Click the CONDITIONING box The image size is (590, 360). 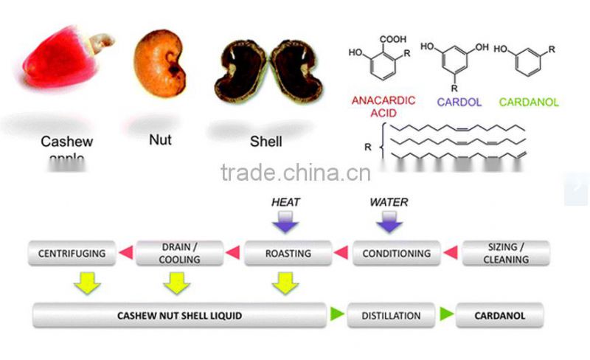(x=397, y=253)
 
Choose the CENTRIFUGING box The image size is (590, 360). (x=72, y=253)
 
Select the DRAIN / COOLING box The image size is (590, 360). (x=179, y=253)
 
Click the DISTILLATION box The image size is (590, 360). (x=391, y=315)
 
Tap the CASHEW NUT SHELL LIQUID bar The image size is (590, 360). (x=179, y=315)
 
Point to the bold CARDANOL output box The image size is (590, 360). (x=500, y=315)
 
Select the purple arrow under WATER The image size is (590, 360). (x=389, y=222)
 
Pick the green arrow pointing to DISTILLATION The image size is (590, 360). (x=337, y=314)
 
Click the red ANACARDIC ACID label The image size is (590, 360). (x=383, y=106)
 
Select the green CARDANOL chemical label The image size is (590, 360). (x=529, y=102)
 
